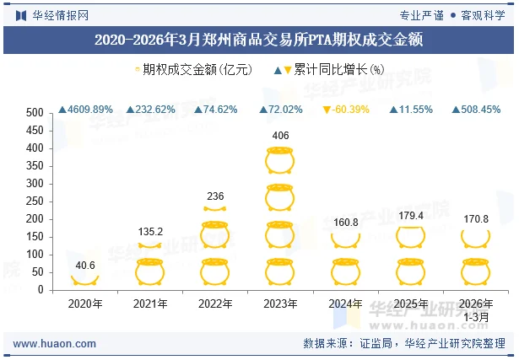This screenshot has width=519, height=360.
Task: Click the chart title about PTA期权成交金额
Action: (259, 39)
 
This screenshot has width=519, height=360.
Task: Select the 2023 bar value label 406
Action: (281, 136)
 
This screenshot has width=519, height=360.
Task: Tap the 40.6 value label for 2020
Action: (85, 266)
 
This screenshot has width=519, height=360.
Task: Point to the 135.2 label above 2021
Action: (150, 232)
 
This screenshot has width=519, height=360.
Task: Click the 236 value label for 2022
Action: (215, 196)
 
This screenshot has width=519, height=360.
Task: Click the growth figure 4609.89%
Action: (85, 110)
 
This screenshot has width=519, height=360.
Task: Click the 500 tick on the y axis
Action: (35, 113)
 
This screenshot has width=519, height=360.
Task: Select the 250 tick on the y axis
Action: (35, 201)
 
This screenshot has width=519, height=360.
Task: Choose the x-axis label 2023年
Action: (281, 304)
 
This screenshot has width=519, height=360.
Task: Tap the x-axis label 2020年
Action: (85, 304)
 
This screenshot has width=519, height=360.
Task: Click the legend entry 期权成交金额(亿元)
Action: (193, 71)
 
